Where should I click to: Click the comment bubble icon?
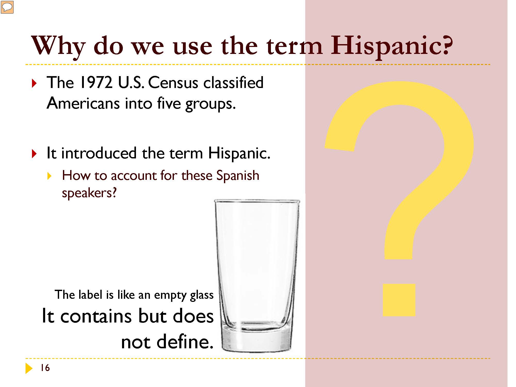(7, 7)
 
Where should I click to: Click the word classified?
(233, 83)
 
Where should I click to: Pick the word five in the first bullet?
(169, 103)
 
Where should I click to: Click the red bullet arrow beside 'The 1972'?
(34, 83)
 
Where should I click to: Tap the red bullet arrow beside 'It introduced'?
(34, 154)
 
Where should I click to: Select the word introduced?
(99, 153)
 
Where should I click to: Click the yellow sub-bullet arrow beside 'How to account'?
(49, 176)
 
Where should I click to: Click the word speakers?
(89, 193)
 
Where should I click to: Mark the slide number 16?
(45, 368)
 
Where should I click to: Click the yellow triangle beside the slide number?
(29, 368)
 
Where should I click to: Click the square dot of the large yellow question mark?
(399, 300)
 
